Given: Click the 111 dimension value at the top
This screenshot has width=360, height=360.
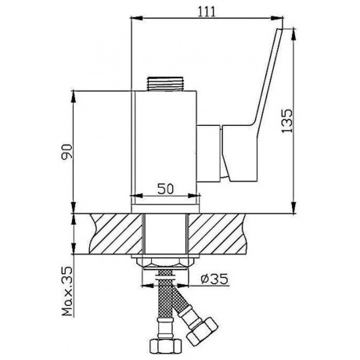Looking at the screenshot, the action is [x=207, y=12].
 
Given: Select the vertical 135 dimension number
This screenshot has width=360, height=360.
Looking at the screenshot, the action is [x=287, y=121].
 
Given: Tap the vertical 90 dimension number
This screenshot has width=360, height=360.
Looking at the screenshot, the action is [x=67, y=152].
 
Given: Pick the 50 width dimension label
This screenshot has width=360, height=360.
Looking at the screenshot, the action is [x=165, y=189].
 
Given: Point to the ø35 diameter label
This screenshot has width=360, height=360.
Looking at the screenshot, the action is [x=214, y=279].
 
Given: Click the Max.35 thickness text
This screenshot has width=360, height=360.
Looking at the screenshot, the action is [x=67, y=291].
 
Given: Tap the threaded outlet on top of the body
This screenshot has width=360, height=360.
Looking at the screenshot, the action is [x=165, y=84].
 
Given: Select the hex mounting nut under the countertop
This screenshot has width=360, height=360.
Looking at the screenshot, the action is [x=165, y=263].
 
